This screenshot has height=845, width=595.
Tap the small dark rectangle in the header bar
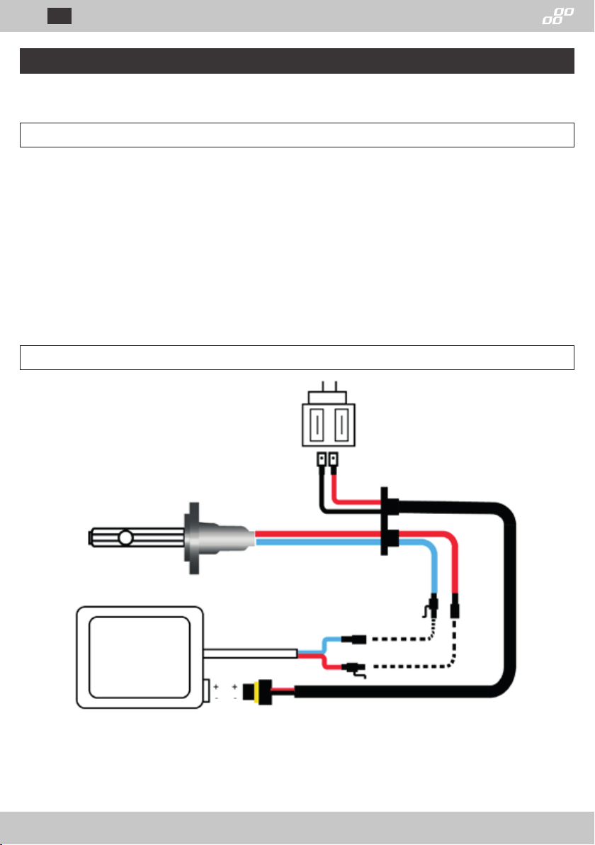pyautogui.click(x=59, y=16)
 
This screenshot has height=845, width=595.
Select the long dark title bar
pyautogui.click(x=296, y=61)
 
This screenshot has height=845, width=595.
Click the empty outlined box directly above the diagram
pyautogui.click(x=296, y=357)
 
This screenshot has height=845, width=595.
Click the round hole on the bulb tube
pyautogui.click(x=125, y=538)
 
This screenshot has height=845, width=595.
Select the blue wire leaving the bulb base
pyautogui.click(x=319, y=542)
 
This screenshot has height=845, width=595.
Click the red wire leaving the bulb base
pyautogui.click(x=319, y=533)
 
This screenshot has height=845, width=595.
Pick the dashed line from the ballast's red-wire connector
pyautogui.click(x=411, y=666)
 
